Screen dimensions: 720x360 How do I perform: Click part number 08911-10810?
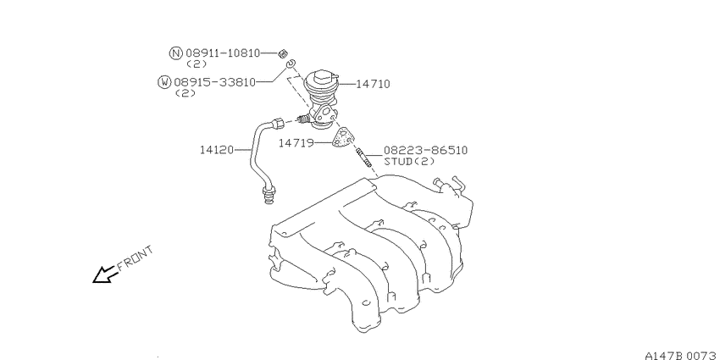click(x=223, y=53)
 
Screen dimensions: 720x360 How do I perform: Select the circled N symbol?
click(x=176, y=53)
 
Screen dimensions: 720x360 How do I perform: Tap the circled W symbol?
click(x=164, y=82)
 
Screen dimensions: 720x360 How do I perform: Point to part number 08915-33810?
click(x=214, y=83)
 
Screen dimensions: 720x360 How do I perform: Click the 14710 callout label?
click(x=373, y=84)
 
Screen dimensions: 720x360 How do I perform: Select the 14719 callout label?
click(x=296, y=143)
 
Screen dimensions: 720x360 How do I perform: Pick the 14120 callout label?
click(x=217, y=150)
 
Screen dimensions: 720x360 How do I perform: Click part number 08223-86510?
click(x=426, y=150)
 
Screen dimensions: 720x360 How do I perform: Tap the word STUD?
click(x=400, y=162)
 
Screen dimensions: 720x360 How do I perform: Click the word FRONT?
click(x=135, y=258)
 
